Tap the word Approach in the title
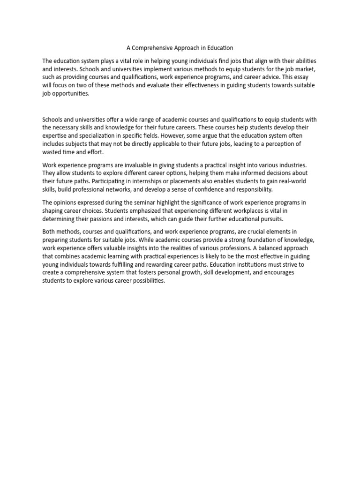click(x=189, y=48)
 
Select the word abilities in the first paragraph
click(x=305, y=61)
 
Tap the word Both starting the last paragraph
click(x=49, y=232)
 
